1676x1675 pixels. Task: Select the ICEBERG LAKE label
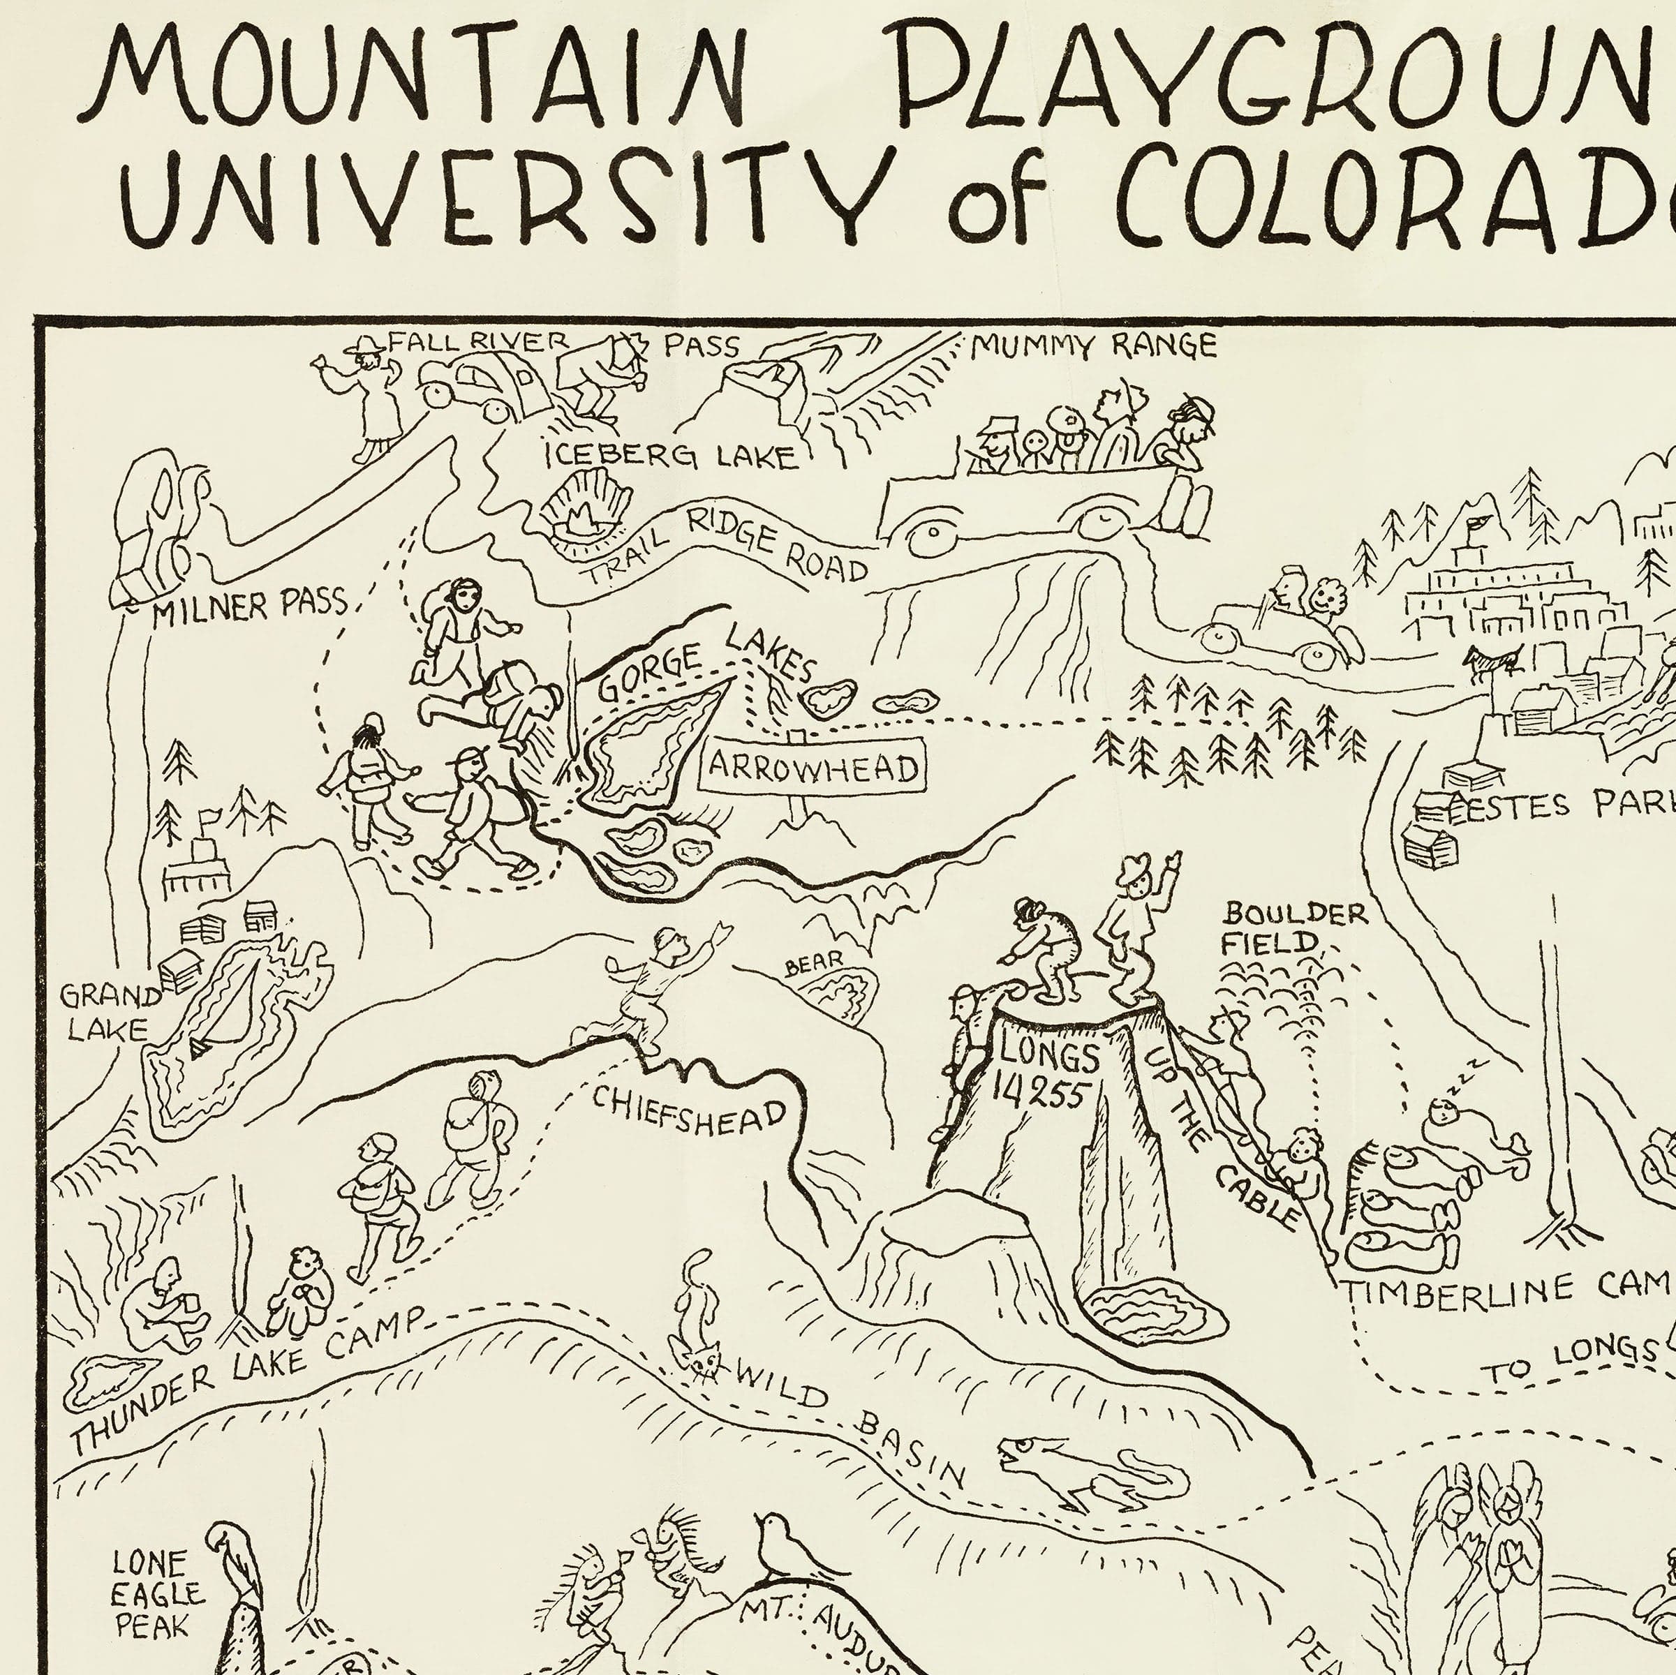(669, 456)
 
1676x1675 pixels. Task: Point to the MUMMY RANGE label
(1093, 347)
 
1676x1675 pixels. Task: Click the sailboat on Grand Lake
(200, 1050)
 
